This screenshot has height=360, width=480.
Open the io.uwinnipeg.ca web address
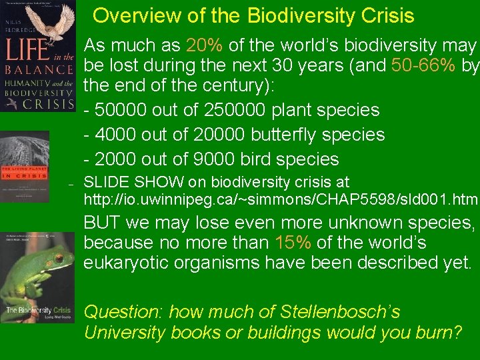click(x=281, y=199)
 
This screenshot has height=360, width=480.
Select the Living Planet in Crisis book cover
click(x=25, y=166)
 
